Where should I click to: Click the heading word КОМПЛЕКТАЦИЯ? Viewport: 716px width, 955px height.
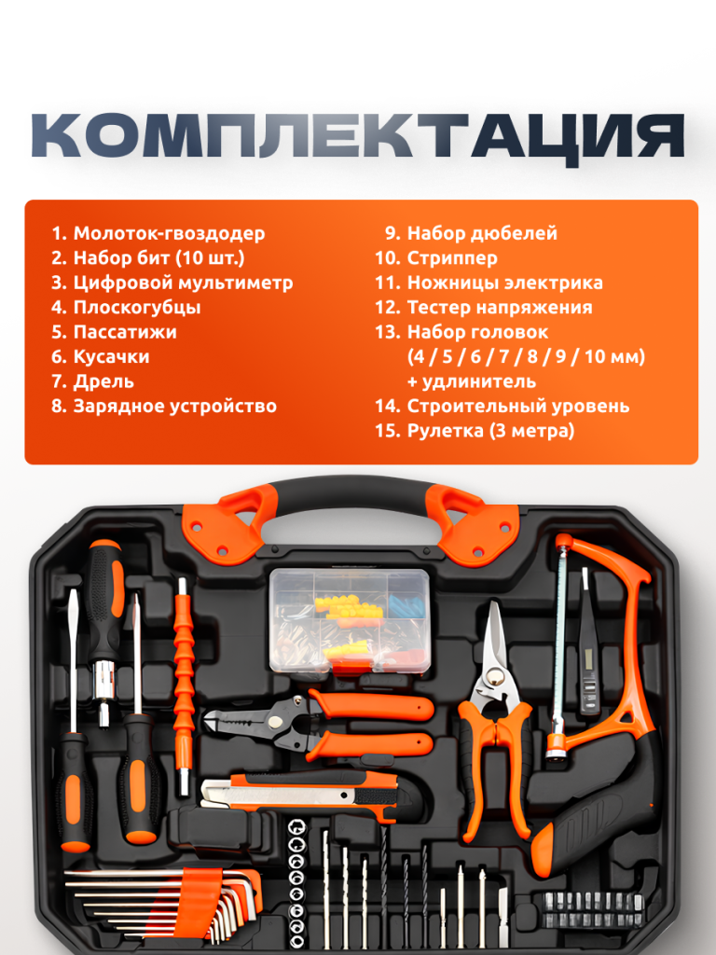coord(358,136)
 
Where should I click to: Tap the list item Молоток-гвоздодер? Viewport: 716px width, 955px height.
coord(170,233)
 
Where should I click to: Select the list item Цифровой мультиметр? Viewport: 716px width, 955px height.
coord(184,283)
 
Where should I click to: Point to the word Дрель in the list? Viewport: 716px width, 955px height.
coord(103,381)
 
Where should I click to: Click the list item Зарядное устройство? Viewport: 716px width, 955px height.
coord(174,407)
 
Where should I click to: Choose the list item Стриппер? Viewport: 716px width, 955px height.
coord(452,258)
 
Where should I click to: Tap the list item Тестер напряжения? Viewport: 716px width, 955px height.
coord(500,308)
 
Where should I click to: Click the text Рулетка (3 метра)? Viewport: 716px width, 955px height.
coord(490,431)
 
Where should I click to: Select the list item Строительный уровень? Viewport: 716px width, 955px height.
coord(518,407)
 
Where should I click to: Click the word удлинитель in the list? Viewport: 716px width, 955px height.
coord(479,381)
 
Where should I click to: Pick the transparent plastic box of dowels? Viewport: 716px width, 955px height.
coord(350,620)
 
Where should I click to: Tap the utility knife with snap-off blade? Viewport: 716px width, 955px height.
coord(299,793)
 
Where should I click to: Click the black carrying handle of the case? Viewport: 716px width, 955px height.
coord(351,496)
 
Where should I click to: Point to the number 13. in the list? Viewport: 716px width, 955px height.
coord(388,332)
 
